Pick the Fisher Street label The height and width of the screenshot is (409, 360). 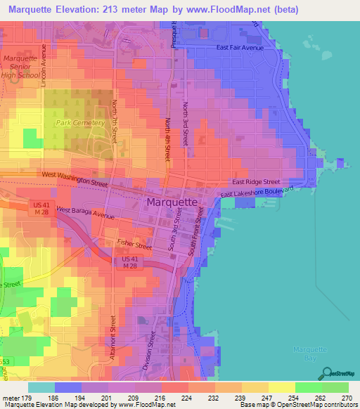point(134,246)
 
